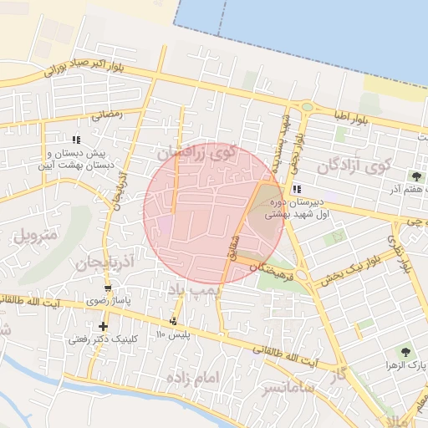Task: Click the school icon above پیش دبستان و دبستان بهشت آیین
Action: point(77,140)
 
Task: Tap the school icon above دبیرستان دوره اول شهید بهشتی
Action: point(297,189)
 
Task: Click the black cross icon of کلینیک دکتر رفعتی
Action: point(103,326)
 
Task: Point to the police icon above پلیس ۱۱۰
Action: point(174,322)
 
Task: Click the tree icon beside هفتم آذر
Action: point(416,176)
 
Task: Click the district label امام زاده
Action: point(192,379)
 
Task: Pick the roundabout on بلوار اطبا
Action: point(308,106)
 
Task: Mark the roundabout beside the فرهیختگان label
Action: point(302,273)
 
